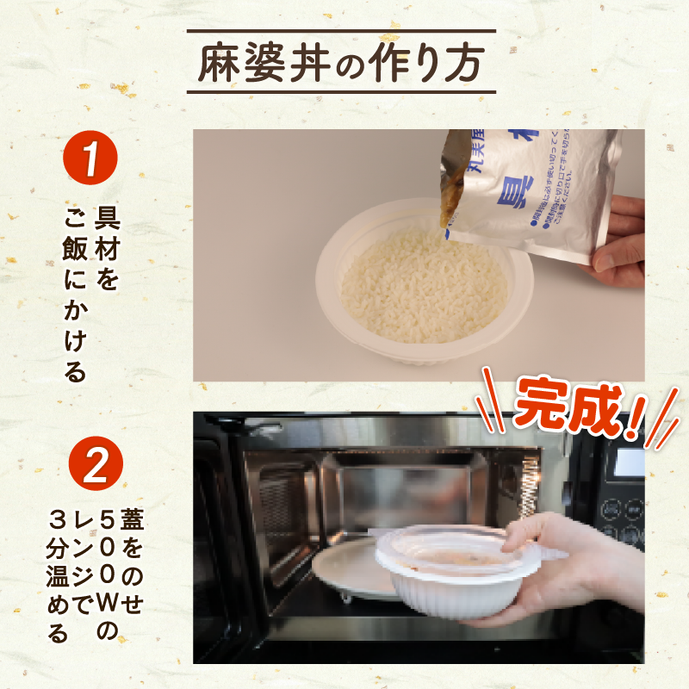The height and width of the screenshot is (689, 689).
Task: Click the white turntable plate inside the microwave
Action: click(x=344, y=568)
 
